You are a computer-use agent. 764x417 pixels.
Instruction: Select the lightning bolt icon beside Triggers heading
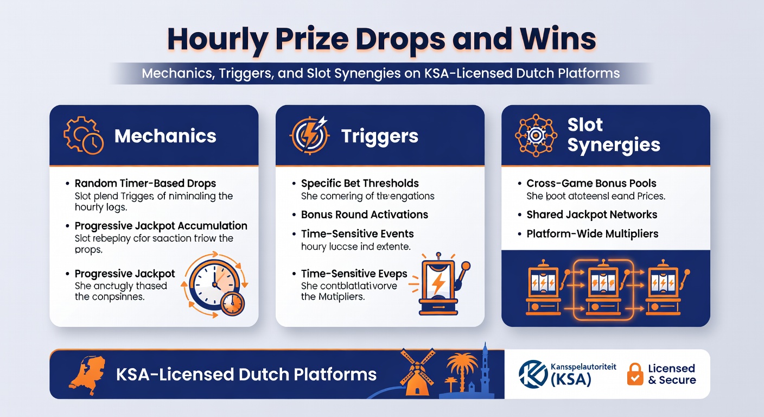click(310, 135)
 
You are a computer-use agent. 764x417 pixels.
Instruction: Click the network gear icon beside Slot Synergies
click(536, 135)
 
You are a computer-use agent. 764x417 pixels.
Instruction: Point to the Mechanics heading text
click(165, 136)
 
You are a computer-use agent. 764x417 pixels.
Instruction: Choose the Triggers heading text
click(380, 136)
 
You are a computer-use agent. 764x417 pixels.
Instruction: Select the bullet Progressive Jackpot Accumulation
click(161, 226)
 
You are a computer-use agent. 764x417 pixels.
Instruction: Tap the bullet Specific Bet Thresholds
click(360, 184)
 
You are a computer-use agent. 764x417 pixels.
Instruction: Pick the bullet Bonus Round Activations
click(365, 214)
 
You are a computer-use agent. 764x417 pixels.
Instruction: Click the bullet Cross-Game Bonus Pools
click(591, 184)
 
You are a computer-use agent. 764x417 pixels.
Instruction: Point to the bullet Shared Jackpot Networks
click(592, 214)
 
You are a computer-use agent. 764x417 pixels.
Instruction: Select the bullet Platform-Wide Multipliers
click(593, 234)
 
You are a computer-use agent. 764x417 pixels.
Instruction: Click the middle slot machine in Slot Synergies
click(604, 288)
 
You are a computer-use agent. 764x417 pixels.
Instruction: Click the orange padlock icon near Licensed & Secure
click(635, 374)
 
